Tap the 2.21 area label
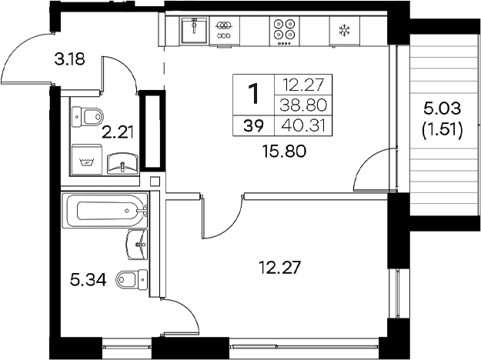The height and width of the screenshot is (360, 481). point(119,132)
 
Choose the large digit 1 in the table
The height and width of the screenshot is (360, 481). point(252,94)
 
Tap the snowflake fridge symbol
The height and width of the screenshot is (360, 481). point(343,31)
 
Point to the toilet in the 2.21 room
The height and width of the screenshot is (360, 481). point(89,117)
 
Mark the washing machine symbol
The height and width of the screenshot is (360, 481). point(86,160)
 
